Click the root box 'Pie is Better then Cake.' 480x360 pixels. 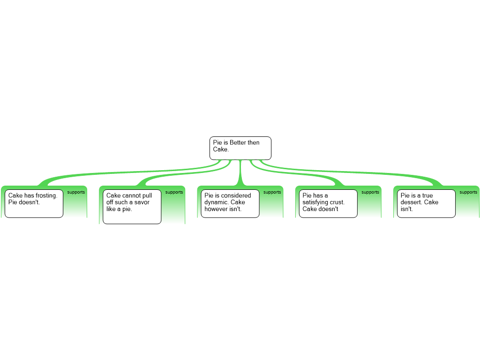click(240, 148)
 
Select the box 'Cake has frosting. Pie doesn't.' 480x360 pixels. click(34, 204)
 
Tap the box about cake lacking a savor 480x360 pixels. click(132, 207)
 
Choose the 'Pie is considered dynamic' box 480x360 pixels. click(230, 204)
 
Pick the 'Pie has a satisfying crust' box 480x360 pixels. click(328, 204)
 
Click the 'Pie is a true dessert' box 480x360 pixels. click(426, 204)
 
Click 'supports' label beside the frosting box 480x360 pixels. click(76, 192)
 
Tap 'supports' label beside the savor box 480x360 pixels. click(174, 192)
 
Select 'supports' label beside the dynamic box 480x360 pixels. click(272, 192)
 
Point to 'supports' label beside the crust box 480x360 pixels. click(370, 192)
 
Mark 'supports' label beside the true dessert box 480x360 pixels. click(468, 192)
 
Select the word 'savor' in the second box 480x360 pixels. click(141, 202)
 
